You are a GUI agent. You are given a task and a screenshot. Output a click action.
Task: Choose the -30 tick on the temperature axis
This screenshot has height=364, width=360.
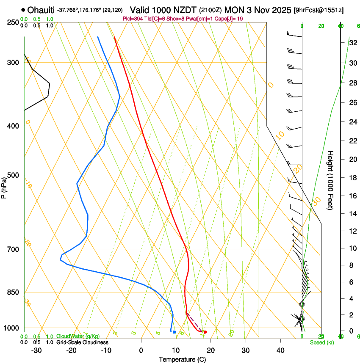tap(36, 350)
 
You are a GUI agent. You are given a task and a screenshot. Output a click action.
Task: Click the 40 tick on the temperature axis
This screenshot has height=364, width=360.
tap(280, 350)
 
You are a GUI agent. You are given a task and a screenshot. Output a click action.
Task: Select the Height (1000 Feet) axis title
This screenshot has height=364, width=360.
tap(331, 180)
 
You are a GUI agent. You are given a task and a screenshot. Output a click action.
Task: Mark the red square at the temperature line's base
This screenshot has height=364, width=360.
tap(205, 332)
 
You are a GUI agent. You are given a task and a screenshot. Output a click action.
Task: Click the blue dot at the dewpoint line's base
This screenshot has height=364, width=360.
tap(174, 332)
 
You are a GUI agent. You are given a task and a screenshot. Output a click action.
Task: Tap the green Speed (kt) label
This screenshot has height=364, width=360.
tap(321, 342)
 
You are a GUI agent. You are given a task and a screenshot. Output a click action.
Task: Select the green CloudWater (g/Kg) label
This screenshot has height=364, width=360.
tap(78, 336)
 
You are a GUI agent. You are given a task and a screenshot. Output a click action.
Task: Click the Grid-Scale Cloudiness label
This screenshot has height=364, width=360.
tap(82, 342)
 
